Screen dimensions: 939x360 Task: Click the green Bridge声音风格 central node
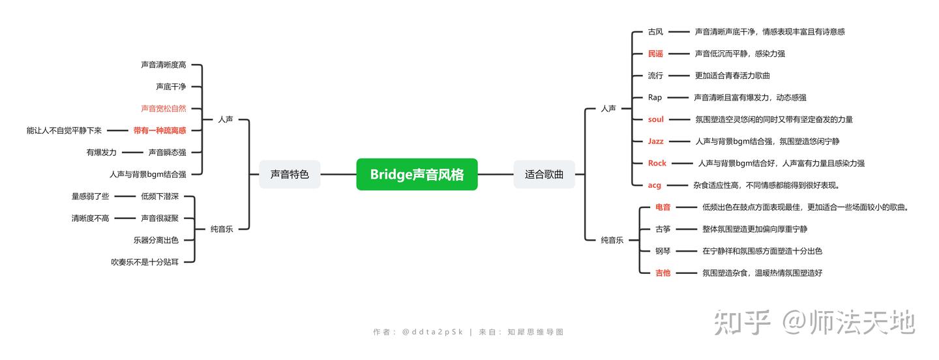pos(417,174)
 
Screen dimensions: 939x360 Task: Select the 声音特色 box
pos(290,174)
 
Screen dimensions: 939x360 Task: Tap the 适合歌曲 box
pos(544,174)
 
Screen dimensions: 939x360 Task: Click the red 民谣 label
pos(655,53)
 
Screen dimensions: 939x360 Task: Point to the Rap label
pos(655,98)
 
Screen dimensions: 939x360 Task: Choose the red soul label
pos(655,119)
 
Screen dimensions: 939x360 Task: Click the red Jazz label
pos(655,142)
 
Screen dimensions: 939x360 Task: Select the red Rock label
pos(657,163)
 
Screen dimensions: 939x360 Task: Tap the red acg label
pos(655,185)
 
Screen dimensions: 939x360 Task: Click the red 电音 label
pos(663,207)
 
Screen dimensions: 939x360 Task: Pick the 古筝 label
pos(663,229)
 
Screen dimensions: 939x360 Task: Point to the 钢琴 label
pos(663,251)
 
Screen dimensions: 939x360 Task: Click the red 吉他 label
pos(663,273)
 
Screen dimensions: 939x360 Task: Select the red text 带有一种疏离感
pos(160,130)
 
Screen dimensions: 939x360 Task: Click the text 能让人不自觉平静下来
pos(64,130)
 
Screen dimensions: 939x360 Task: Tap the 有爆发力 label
pos(102,153)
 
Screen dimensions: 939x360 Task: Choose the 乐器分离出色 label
pos(156,240)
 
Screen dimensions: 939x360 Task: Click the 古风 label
pos(655,32)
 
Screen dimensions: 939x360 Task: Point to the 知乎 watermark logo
pos(742,322)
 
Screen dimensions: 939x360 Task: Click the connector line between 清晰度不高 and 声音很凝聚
pos(125,218)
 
